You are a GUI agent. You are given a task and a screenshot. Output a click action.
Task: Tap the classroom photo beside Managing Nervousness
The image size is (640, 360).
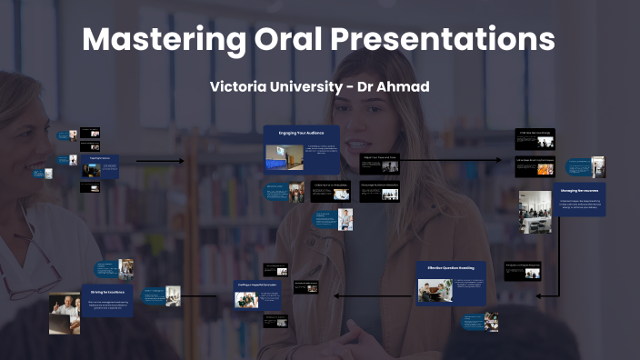535,211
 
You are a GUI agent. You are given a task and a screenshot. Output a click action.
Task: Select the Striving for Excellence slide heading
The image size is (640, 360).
108,292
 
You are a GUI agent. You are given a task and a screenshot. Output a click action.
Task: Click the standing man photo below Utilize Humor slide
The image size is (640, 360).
345,219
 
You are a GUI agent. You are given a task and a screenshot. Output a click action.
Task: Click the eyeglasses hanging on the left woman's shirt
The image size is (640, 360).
27,273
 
